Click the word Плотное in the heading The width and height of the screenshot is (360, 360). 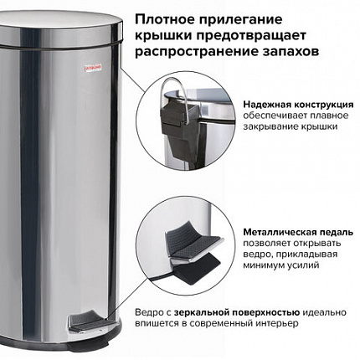point(162,18)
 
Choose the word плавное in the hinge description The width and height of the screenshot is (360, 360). point(333,113)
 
